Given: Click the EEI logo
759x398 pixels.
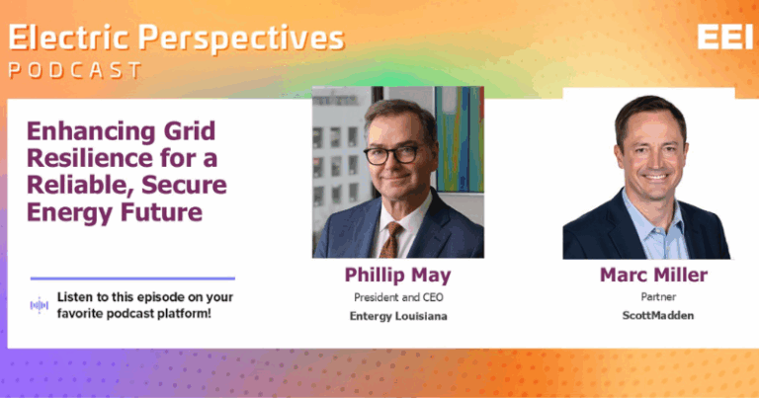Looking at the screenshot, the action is (x=724, y=37).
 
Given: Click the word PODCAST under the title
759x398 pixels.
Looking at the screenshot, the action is (x=75, y=70).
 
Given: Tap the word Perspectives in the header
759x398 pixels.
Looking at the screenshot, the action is (x=241, y=39).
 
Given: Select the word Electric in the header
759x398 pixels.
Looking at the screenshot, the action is (x=69, y=38).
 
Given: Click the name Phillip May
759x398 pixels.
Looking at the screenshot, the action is (x=398, y=276).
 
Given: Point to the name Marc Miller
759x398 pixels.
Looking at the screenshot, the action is (x=653, y=275).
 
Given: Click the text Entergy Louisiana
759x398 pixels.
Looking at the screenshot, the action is (x=398, y=316).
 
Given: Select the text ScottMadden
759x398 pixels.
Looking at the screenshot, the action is (x=658, y=315).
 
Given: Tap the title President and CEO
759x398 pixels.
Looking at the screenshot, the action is (x=398, y=297).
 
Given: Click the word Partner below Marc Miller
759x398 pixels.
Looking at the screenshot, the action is (x=658, y=296).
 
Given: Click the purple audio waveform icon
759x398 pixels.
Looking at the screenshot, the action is (x=40, y=305).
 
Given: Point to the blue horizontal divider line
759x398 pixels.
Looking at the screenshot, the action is (x=132, y=279).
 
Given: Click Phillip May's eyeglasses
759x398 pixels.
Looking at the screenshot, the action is (x=393, y=154).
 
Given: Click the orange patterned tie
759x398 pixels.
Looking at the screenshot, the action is (x=390, y=240).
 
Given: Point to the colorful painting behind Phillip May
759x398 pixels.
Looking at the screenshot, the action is (x=459, y=139).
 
